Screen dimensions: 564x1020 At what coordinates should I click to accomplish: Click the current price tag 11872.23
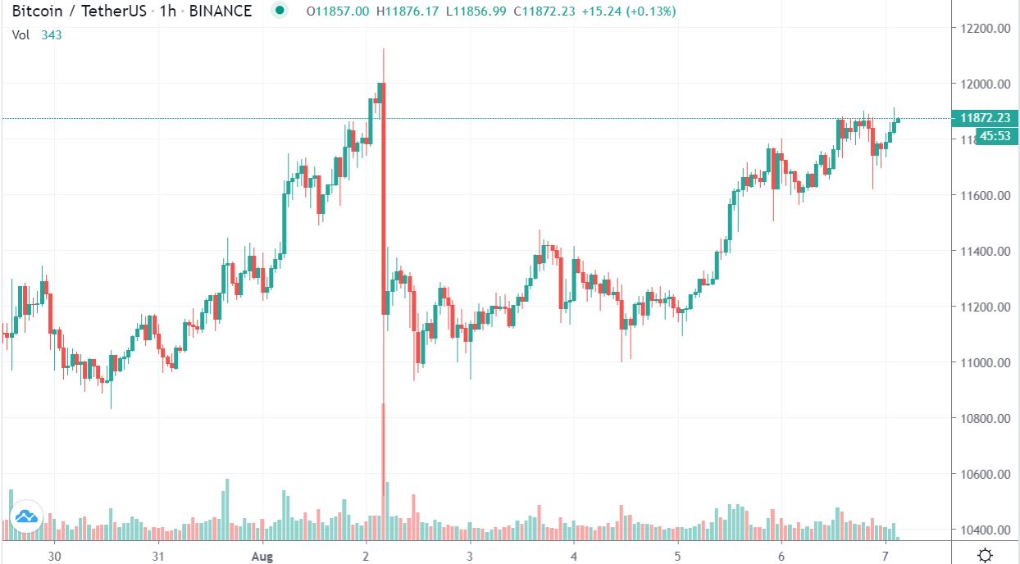coord(984,118)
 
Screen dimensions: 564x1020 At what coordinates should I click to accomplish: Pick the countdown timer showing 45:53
coord(995,136)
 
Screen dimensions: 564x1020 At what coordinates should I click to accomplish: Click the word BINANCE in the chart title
coord(221,11)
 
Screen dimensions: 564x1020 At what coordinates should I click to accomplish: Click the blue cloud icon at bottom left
coord(25,516)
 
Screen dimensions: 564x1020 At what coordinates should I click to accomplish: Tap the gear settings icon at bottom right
coord(986,553)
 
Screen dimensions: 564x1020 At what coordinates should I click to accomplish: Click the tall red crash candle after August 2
coord(383,197)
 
